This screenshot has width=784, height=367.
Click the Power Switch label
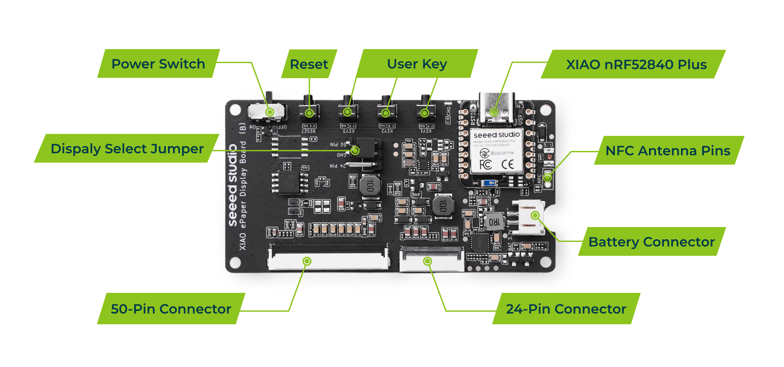[x=158, y=64]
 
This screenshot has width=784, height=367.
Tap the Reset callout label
[x=309, y=64]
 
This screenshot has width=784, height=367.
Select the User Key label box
[x=417, y=64]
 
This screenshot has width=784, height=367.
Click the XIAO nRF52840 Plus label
[x=636, y=64]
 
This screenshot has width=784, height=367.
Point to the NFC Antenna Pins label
[x=668, y=151]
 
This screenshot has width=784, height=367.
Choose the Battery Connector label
[x=651, y=242]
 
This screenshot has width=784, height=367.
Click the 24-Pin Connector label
[x=566, y=309]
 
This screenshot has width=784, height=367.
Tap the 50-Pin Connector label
[x=171, y=309]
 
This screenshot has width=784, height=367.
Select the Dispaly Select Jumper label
[x=127, y=149]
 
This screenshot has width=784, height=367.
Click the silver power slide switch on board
[x=267, y=112]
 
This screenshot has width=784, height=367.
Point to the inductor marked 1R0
[x=494, y=221]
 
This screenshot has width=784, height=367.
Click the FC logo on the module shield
[x=485, y=165]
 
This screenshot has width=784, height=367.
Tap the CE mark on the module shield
[x=507, y=164]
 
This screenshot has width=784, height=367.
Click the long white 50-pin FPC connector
[x=329, y=261]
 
